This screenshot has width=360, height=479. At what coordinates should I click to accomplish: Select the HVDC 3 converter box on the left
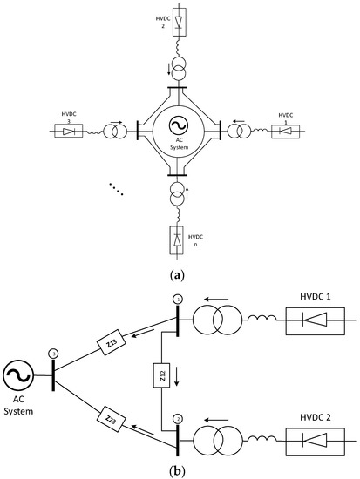point(68,131)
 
